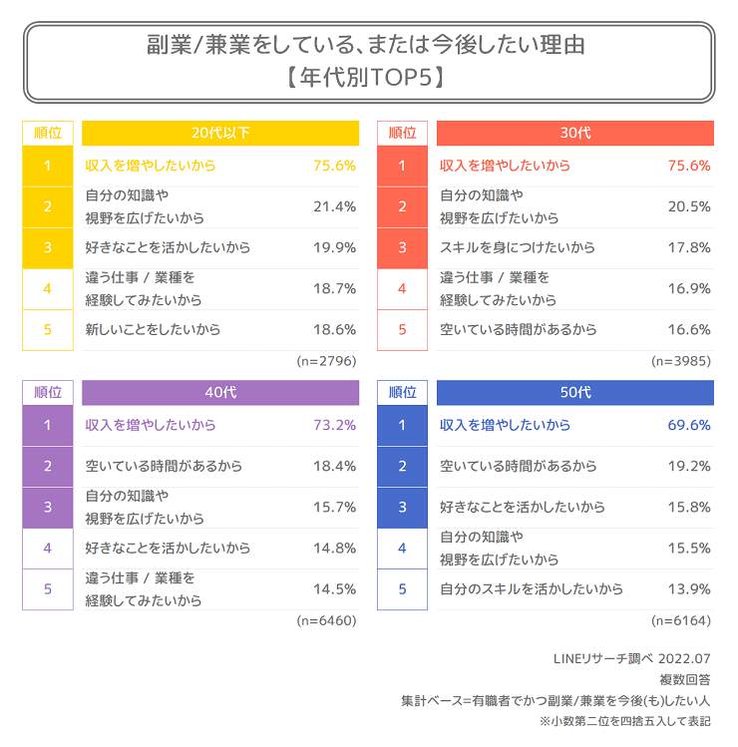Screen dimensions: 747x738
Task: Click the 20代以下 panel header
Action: (x=219, y=133)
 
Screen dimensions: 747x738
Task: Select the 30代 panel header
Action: (x=574, y=133)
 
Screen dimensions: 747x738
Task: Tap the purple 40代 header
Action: (x=219, y=393)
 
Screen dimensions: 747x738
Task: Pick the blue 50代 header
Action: (x=574, y=393)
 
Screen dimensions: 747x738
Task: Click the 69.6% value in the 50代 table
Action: (x=688, y=426)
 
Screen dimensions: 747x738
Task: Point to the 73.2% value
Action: (x=334, y=426)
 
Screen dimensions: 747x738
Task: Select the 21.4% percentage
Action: (x=334, y=206)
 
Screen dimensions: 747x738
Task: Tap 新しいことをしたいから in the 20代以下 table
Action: (x=153, y=329)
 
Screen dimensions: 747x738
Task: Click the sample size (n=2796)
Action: (x=326, y=360)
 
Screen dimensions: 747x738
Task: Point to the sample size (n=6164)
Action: (x=681, y=620)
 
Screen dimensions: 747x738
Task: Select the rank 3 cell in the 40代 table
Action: (x=47, y=507)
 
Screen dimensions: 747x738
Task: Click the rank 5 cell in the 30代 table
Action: (x=402, y=329)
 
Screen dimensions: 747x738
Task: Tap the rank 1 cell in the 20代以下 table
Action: (x=47, y=166)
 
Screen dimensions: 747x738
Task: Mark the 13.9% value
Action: (x=688, y=588)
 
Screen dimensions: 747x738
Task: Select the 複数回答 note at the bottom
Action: (x=687, y=679)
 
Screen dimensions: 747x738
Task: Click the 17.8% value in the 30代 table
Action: (x=688, y=247)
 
